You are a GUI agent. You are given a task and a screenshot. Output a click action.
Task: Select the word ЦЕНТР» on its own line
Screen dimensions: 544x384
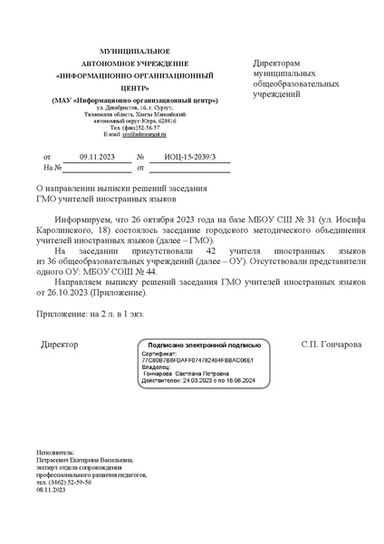click(x=133, y=89)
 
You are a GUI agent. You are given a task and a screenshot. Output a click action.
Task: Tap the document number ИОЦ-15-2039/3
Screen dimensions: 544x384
click(x=190, y=157)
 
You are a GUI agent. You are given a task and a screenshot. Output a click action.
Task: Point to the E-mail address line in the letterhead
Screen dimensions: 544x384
click(x=133, y=135)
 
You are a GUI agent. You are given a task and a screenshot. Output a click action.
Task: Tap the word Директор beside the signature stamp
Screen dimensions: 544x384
click(x=60, y=345)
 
